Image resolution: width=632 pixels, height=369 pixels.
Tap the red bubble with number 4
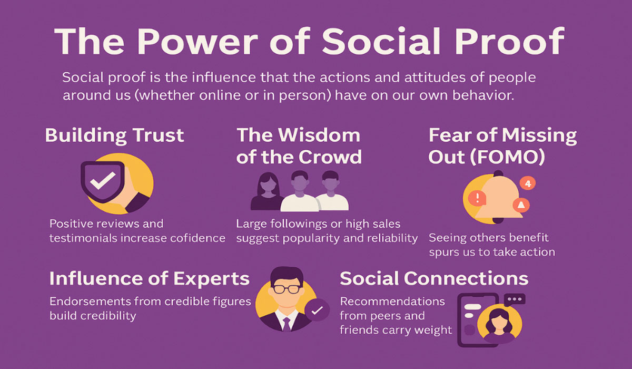(x=527, y=183)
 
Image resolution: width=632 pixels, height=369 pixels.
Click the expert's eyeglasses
(x=286, y=289)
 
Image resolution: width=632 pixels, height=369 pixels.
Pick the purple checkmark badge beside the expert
(x=317, y=311)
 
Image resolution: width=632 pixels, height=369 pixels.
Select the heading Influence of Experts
(x=149, y=279)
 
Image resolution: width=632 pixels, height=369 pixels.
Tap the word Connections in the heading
(x=467, y=278)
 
